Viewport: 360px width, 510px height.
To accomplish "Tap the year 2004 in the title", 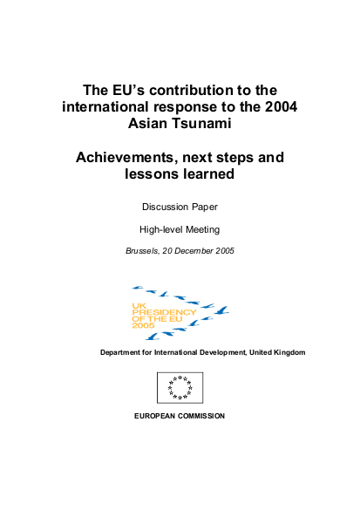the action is (274, 106).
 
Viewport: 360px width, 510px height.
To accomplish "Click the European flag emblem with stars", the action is (180, 388).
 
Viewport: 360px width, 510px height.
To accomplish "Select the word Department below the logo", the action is (124, 351).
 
